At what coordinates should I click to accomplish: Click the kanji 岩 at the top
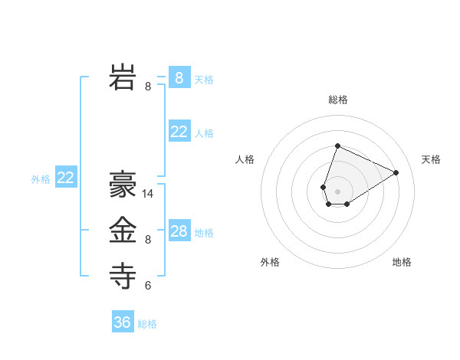coord(123,77)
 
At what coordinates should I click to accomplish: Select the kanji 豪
coord(123,184)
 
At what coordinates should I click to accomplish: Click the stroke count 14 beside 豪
coord(149,194)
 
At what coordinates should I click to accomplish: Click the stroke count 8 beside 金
coord(148,240)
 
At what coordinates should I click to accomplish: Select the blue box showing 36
coord(123,322)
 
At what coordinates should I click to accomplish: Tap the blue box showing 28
coord(179,231)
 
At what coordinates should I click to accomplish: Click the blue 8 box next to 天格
coord(179,77)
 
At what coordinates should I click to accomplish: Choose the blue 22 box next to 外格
coord(66,178)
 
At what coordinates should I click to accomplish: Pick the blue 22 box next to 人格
coord(179,132)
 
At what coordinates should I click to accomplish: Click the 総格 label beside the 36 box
coord(147,324)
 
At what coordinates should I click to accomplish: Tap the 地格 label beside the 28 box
coord(205,233)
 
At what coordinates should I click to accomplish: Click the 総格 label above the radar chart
coord(338,100)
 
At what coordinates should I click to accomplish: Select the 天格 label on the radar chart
coord(432,159)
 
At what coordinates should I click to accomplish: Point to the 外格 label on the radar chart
coord(270,262)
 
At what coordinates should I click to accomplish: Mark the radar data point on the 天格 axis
coord(396,172)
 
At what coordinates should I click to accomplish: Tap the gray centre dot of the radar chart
coord(337,191)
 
